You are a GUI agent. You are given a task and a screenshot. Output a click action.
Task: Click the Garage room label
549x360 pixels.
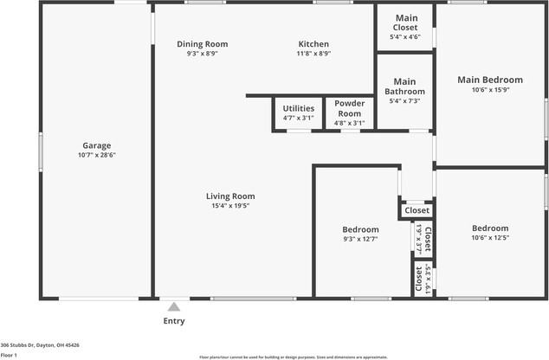pos(97,145)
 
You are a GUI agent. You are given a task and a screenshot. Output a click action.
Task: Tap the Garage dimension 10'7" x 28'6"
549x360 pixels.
pos(97,156)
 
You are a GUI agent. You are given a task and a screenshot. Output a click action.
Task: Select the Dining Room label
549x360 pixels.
pos(202,44)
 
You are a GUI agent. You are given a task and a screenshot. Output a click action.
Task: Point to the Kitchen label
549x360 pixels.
pos(313,44)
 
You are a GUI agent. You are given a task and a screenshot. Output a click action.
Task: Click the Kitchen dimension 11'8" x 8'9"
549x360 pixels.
pos(313,54)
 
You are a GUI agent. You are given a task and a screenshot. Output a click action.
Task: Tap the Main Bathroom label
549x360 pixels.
pos(405,87)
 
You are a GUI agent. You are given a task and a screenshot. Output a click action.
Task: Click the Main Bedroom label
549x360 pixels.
pos(490,80)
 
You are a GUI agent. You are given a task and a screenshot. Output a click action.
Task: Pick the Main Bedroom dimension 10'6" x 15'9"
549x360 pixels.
pos(490,89)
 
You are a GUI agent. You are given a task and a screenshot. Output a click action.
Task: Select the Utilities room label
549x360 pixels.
pos(298,108)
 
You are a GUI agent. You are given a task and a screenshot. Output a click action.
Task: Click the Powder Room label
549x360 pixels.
pos(349,108)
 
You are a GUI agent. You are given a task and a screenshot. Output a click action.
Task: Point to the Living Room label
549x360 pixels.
pos(230,196)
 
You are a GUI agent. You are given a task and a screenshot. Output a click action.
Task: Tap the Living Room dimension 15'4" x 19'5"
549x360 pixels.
pos(230,206)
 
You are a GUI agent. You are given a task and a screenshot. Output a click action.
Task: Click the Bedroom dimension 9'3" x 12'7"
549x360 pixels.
pos(360,239)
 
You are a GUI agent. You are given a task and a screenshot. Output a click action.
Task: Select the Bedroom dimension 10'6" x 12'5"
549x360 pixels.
pos(490,238)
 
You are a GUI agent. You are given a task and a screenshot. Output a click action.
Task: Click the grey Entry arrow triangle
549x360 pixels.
pos(173,306)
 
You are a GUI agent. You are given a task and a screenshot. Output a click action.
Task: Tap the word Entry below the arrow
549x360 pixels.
pos(173,321)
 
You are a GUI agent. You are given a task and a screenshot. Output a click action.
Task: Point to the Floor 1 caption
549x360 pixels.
pos(10,355)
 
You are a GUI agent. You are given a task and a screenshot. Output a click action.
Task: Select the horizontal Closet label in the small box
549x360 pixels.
pos(417,210)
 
